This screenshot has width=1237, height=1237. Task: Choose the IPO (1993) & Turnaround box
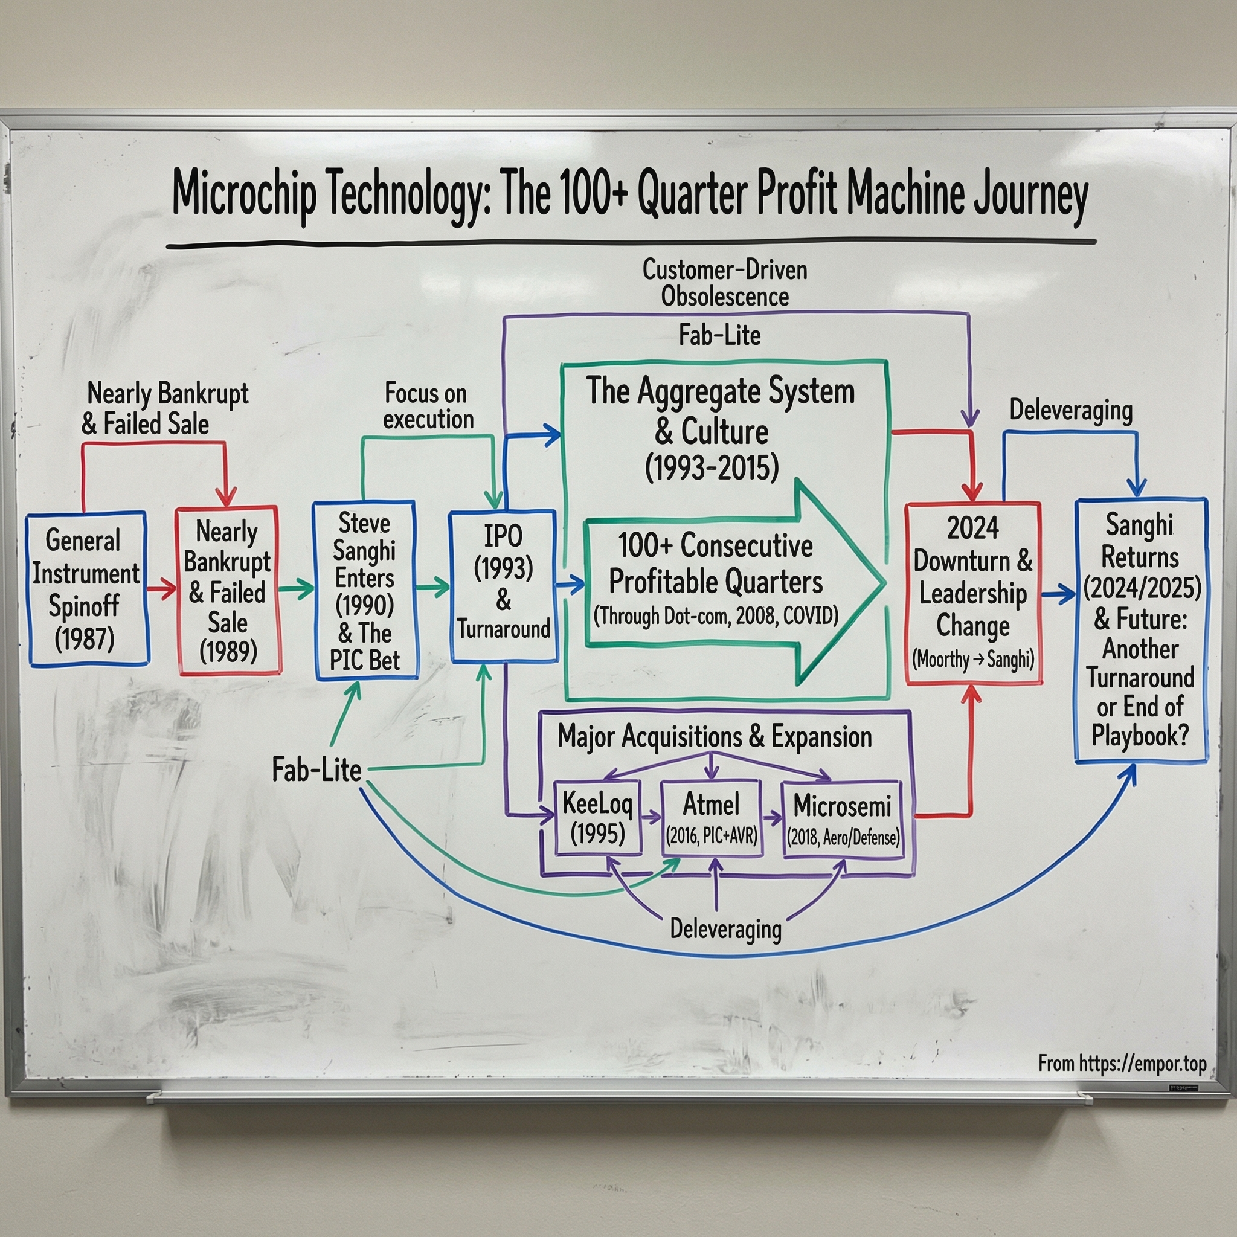pos(503,586)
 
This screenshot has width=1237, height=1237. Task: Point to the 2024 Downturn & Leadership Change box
pos(972,593)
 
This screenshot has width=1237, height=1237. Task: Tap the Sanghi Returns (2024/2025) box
pos(1140,631)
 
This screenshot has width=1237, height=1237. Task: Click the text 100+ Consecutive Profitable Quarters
pos(715,564)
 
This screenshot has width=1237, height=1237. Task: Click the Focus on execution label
pos(428,406)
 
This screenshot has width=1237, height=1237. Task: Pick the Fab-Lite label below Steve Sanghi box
pos(316,769)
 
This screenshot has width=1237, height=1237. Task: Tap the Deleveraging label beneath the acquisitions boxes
pos(725,929)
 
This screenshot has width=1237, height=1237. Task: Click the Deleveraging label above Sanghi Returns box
pos(1070,410)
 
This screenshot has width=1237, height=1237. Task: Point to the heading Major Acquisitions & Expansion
pos(715,736)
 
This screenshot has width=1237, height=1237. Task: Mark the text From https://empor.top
pos(1122,1064)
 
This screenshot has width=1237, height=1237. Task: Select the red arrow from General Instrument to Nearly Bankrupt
pos(161,588)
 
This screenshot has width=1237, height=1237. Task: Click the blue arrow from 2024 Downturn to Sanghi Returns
pos(1058,594)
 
